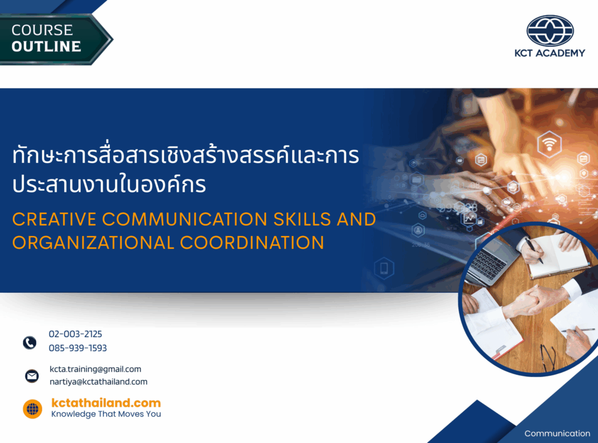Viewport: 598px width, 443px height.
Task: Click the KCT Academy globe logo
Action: (x=550, y=31)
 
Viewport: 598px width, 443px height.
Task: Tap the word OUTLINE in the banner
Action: (x=46, y=47)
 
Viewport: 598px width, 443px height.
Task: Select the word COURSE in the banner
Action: (x=42, y=30)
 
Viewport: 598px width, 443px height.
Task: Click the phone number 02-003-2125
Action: (x=75, y=334)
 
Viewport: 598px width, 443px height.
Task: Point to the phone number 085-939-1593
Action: (x=78, y=348)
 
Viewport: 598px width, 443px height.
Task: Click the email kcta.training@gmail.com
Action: (x=95, y=369)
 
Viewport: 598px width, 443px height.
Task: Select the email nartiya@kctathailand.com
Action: (x=98, y=382)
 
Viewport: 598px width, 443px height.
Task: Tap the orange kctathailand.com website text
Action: (x=106, y=403)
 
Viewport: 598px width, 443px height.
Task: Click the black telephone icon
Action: (x=30, y=342)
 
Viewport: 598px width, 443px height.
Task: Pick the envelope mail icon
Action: (x=32, y=376)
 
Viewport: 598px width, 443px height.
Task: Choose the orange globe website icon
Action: (x=33, y=409)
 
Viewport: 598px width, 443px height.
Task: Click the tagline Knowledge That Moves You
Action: (x=106, y=414)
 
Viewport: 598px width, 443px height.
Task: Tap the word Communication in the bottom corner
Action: (x=557, y=434)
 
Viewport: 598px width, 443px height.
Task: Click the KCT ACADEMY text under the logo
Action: (x=550, y=53)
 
